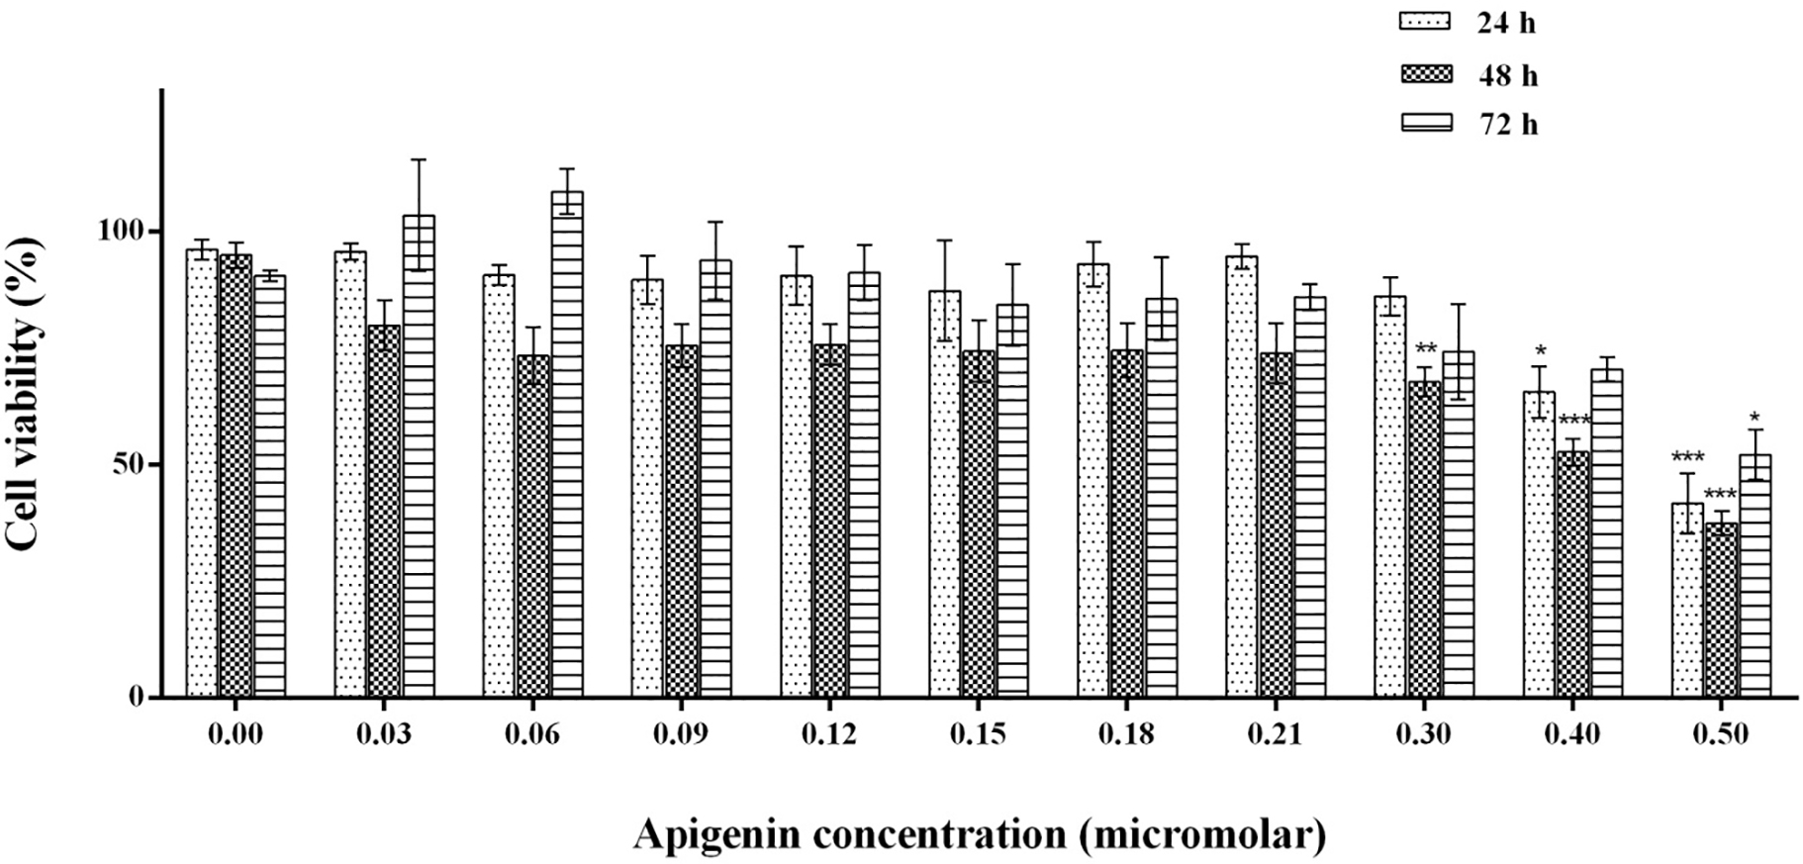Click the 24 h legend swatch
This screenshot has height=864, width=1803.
click(x=1425, y=22)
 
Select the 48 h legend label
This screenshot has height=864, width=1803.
click(x=1508, y=75)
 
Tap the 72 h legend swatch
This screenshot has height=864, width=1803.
click(x=1425, y=124)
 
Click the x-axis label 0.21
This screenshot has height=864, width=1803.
click(x=1275, y=734)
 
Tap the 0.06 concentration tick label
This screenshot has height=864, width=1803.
click(x=531, y=734)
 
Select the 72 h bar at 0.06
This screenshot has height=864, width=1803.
click(x=567, y=445)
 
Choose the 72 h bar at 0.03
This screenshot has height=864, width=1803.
click(x=419, y=455)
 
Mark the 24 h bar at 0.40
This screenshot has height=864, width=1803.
click(x=1539, y=544)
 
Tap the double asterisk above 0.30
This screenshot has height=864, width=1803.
click(x=1426, y=349)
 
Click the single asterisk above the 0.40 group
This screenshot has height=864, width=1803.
click(x=1540, y=350)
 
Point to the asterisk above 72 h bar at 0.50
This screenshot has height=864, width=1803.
click(x=1755, y=417)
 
